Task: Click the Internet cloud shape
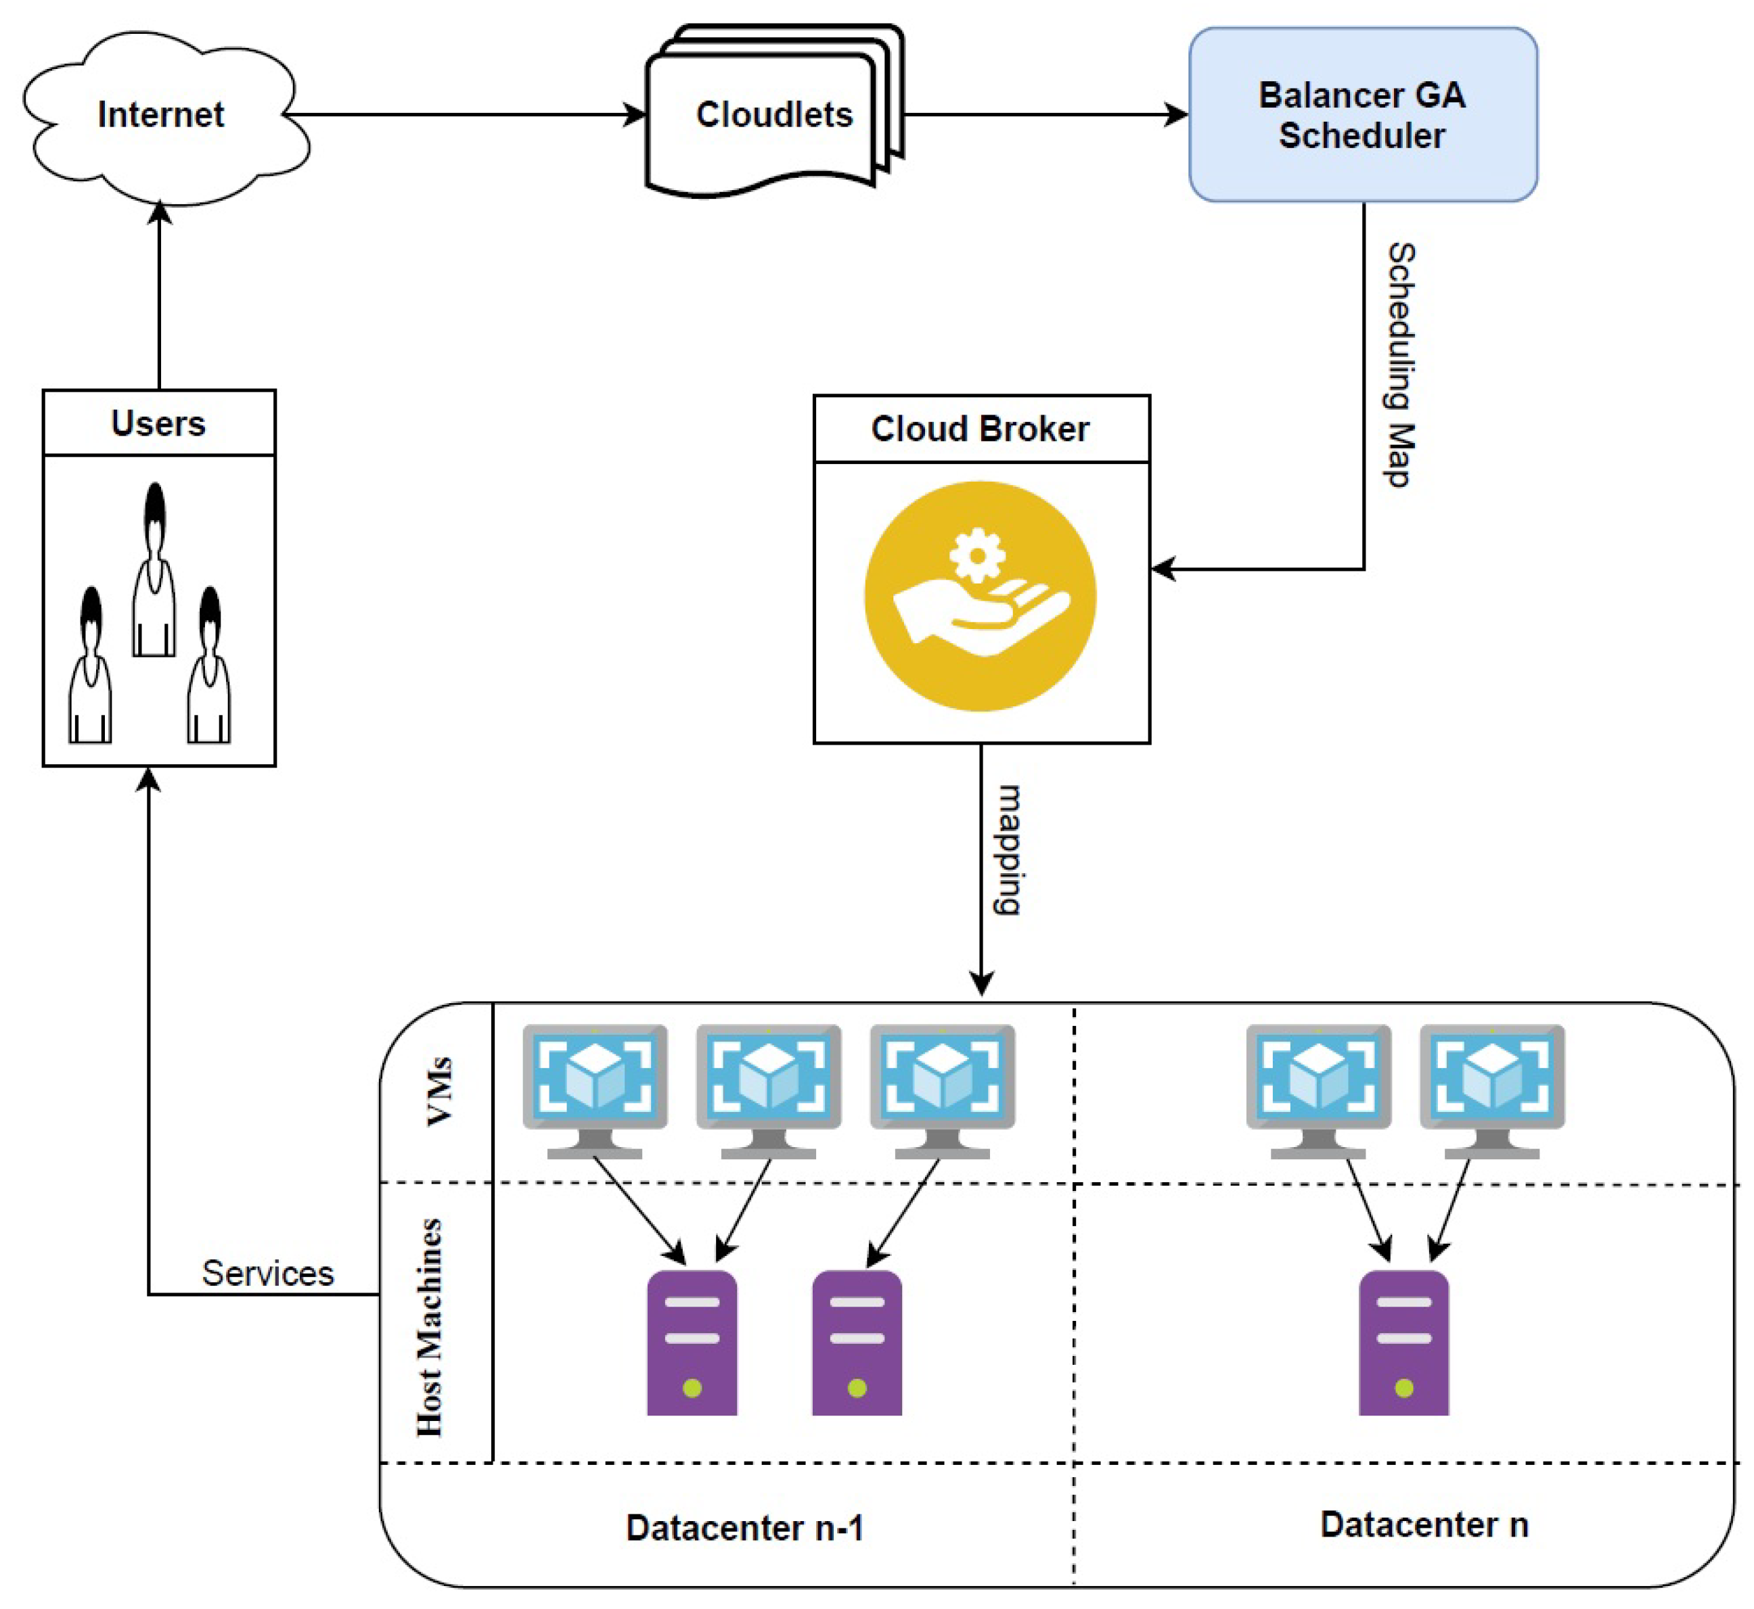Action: pyautogui.click(x=161, y=115)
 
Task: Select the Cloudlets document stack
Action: pyautogui.click(x=773, y=113)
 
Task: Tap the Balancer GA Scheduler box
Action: pyautogui.click(x=1362, y=115)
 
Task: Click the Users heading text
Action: pyautogui.click(x=158, y=424)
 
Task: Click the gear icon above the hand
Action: pyautogui.click(x=977, y=555)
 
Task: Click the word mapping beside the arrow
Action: pyautogui.click(x=1008, y=849)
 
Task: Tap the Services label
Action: pyautogui.click(x=267, y=1274)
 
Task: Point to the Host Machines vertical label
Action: pyautogui.click(x=429, y=1327)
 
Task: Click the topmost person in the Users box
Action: pyautogui.click(x=155, y=570)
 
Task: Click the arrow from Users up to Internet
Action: pyautogui.click(x=160, y=296)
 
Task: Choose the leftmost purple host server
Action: pyautogui.click(x=692, y=1343)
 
